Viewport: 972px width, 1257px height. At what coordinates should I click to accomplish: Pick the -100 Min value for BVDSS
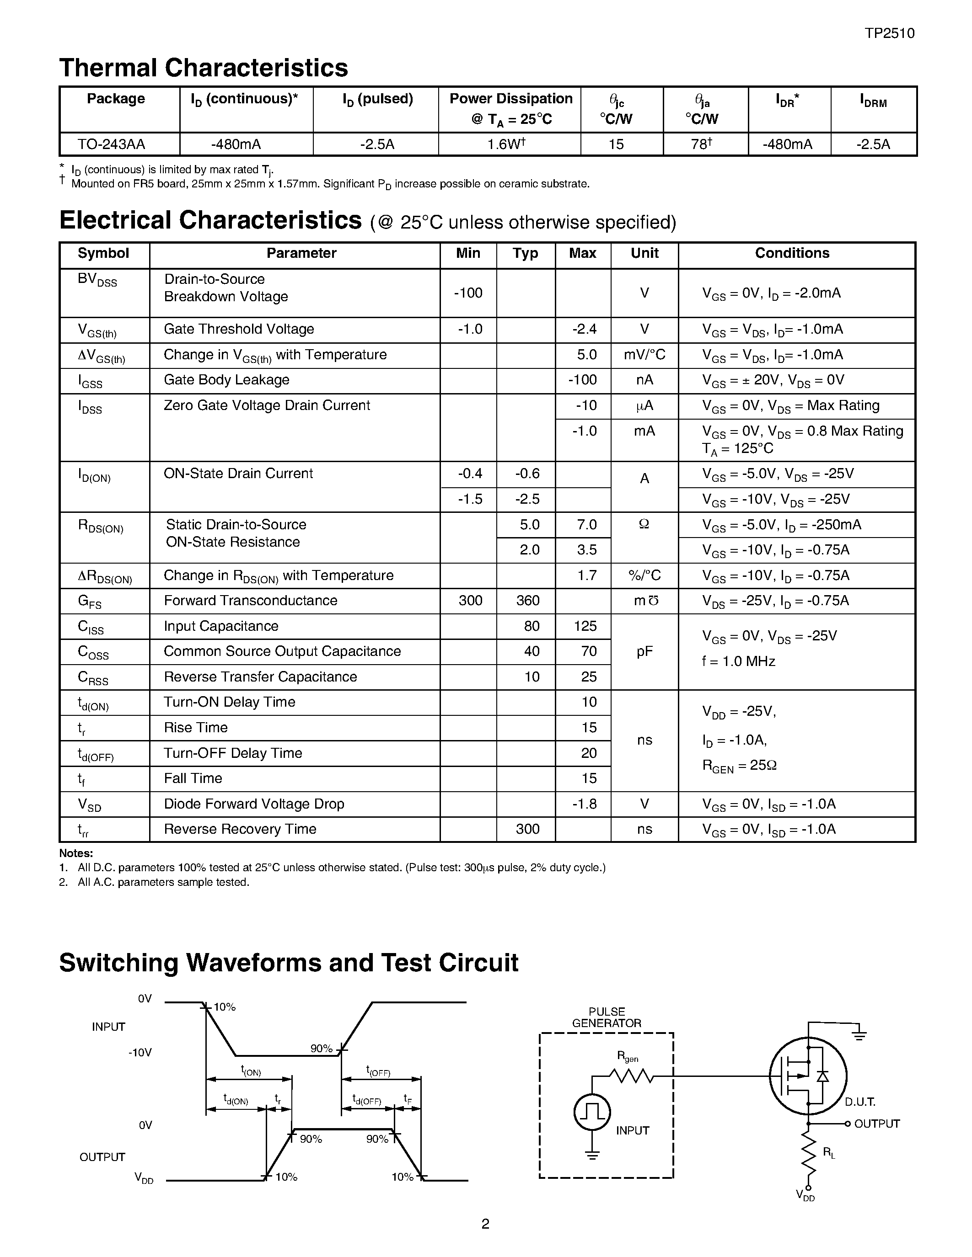tap(467, 293)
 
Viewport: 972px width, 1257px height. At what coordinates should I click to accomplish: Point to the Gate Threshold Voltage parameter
tap(239, 329)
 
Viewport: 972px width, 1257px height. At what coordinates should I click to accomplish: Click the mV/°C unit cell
tap(644, 355)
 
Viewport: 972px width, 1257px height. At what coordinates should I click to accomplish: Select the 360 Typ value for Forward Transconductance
tap(527, 601)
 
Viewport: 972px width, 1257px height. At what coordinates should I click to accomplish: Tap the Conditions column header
tap(792, 253)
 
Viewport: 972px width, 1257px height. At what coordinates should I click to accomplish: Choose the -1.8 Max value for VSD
tap(584, 804)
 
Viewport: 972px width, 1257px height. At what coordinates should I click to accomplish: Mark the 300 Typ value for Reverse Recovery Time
tap(527, 829)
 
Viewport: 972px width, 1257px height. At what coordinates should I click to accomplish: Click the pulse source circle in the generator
tap(592, 1112)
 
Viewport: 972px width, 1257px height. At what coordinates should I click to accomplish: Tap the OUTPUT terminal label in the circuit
tap(876, 1124)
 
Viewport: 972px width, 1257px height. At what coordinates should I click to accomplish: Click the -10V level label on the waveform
tap(140, 1053)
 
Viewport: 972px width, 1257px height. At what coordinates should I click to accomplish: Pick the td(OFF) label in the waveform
tap(367, 1101)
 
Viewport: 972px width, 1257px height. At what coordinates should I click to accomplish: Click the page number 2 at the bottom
tap(485, 1224)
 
